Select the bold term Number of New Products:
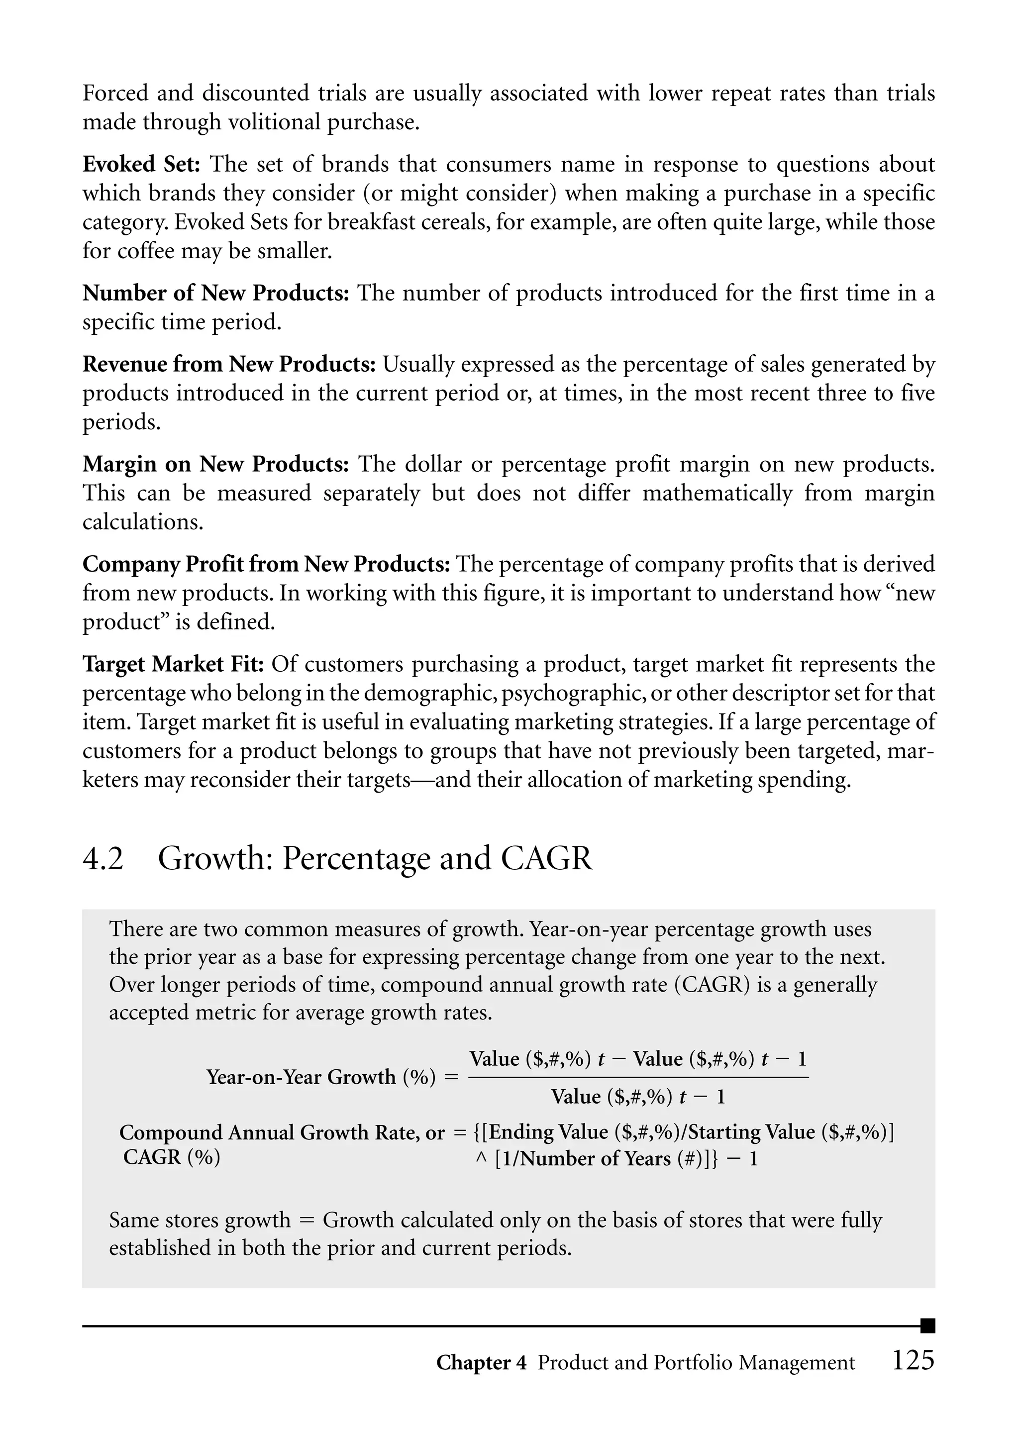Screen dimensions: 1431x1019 point(215,293)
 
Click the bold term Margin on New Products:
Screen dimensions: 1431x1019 point(215,464)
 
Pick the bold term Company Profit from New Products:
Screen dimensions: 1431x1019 point(266,564)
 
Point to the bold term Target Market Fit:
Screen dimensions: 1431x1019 point(173,664)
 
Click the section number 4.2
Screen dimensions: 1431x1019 point(103,858)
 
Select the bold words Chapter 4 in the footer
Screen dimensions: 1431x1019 point(481,1363)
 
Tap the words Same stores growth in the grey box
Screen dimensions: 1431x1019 point(200,1220)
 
